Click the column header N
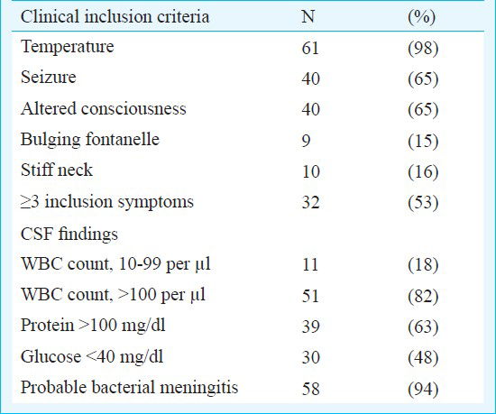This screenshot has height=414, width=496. click(308, 16)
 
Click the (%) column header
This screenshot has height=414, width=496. click(422, 17)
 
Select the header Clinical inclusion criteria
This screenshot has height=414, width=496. click(115, 16)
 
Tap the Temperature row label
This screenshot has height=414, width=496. click(68, 47)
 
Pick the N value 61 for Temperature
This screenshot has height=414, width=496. click(310, 48)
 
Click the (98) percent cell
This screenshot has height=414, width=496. click(423, 49)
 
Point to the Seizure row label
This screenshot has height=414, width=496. click(49, 78)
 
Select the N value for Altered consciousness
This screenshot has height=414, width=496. click(310, 109)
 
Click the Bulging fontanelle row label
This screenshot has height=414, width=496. click(90, 140)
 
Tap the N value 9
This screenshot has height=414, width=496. click(306, 141)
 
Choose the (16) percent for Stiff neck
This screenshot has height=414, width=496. click(423, 171)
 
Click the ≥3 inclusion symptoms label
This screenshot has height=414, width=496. click(107, 202)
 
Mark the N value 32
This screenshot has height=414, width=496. click(310, 202)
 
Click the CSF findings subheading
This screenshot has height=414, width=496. click(69, 235)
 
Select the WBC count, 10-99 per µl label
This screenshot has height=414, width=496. click(115, 264)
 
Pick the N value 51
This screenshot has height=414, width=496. click(310, 296)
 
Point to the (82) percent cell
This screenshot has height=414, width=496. click(423, 296)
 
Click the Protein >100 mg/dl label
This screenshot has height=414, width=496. click(93, 326)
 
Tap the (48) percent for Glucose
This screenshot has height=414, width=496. click(423, 357)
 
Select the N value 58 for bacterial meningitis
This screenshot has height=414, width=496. click(310, 389)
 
